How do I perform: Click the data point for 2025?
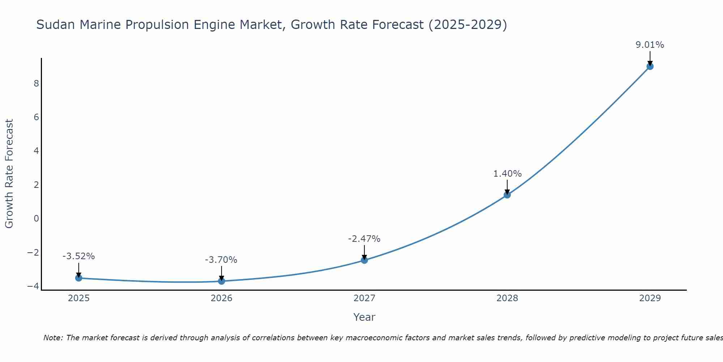point(79,278)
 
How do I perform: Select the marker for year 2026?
point(222,281)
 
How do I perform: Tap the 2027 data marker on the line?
point(364,260)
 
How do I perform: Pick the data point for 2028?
point(507,195)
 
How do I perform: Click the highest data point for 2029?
point(650,66)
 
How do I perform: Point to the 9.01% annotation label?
point(650,45)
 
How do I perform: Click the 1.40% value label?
point(507,174)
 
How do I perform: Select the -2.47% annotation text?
point(364,239)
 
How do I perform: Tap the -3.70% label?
point(221,260)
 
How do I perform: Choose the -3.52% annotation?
point(78,256)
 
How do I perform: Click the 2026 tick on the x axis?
point(222,298)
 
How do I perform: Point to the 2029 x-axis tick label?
point(650,298)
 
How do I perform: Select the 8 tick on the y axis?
point(36,84)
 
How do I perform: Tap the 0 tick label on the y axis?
point(36,219)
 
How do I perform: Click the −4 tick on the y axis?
point(33,286)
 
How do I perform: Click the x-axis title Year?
point(364,317)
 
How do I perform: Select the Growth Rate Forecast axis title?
point(9,174)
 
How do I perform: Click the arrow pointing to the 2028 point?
point(507,186)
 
